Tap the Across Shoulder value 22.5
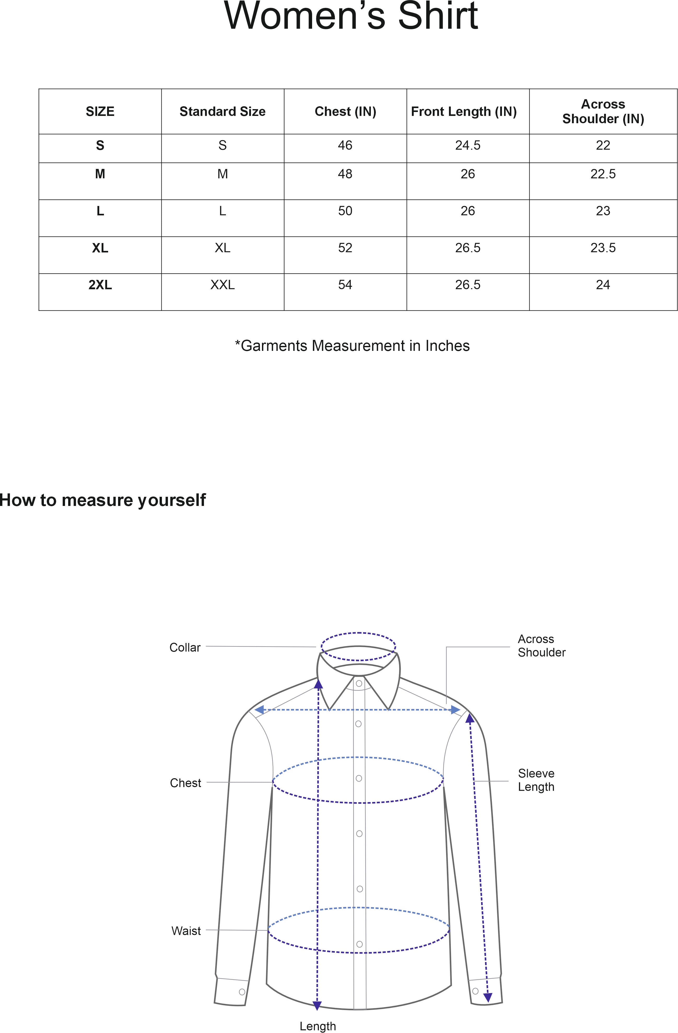(x=603, y=174)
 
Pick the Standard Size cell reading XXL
(x=222, y=285)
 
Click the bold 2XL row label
(x=100, y=285)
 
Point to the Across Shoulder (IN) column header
(x=603, y=111)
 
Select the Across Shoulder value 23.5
(x=603, y=248)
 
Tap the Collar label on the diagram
(x=185, y=648)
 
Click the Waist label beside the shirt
(x=186, y=931)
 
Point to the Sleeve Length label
(x=536, y=780)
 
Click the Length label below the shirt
(x=318, y=1026)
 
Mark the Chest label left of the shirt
(x=185, y=783)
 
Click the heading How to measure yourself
(x=102, y=500)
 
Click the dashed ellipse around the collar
(x=358, y=633)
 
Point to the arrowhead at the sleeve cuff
(x=488, y=997)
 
